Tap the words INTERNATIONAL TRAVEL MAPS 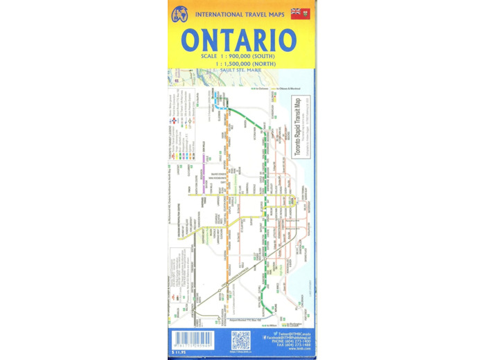point(238,13)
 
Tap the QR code point(240,340)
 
